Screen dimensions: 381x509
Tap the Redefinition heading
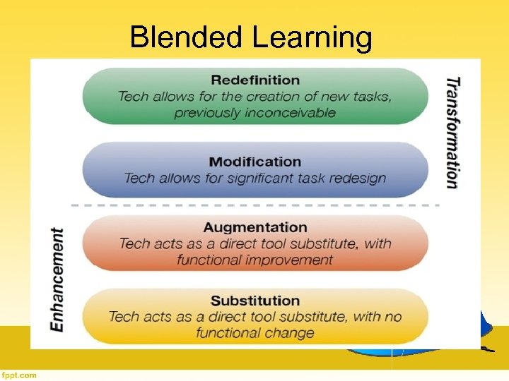tap(255, 80)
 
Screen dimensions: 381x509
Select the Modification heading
tap(255, 162)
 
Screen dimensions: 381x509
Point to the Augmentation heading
tap(255, 227)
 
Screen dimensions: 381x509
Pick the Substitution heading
tap(255, 301)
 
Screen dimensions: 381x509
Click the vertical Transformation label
tap(452, 132)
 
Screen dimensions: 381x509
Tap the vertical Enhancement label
tap(57, 279)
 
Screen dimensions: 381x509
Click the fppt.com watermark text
tap(19, 375)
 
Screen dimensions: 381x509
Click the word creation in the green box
tap(264, 96)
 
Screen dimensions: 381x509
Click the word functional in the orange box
tap(209, 260)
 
